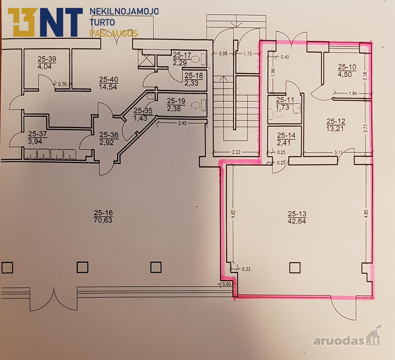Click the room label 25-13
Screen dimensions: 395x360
[x=297, y=214]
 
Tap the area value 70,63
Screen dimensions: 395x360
[x=103, y=220]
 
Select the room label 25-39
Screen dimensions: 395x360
[x=47, y=59]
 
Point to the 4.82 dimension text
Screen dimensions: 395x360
[x=233, y=214]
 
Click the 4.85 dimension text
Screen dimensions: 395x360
[x=366, y=214]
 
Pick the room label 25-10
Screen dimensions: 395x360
[x=347, y=67]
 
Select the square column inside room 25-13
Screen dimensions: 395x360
[x=295, y=268]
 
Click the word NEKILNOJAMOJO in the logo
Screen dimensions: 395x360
[x=124, y=11]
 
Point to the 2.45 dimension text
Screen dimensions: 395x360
[x=182, y=123]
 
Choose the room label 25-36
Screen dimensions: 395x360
[x=109, y=135]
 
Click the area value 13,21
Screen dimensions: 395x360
[x=336, y=129]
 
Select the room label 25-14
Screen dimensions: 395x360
[x=286, y=136]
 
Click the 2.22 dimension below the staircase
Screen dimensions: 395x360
[x=236, y=152]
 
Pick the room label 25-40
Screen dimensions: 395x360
[x=109, y=80]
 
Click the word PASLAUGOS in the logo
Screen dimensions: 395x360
[x=114, y=34]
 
